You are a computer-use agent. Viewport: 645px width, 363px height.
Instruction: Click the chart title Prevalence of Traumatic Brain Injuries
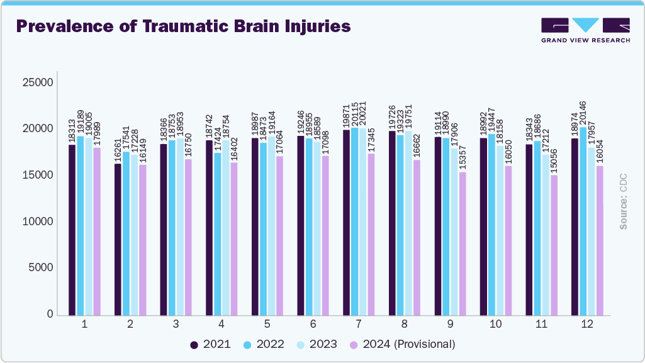[182, 26]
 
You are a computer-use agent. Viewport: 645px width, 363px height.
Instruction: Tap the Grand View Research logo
[585, 30]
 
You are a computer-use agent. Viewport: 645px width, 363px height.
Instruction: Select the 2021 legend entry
[211, 344]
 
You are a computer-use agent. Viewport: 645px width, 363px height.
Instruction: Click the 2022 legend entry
[264, 344]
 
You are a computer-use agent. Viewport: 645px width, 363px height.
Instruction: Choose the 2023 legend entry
[317, 344]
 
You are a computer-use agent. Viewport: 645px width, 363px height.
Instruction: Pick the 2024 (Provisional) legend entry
[402, 344]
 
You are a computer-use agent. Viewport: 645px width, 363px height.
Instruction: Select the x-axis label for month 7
[359, 325]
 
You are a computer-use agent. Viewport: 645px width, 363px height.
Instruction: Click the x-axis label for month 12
[587, 325]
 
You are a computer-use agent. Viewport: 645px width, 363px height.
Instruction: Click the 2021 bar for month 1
[72, 230]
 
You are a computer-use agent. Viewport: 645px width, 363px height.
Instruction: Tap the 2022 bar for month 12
[583, 221]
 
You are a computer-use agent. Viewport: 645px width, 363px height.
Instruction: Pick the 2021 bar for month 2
[118, 239]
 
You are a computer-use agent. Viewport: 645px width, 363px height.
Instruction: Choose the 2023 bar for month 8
[408, 223]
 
